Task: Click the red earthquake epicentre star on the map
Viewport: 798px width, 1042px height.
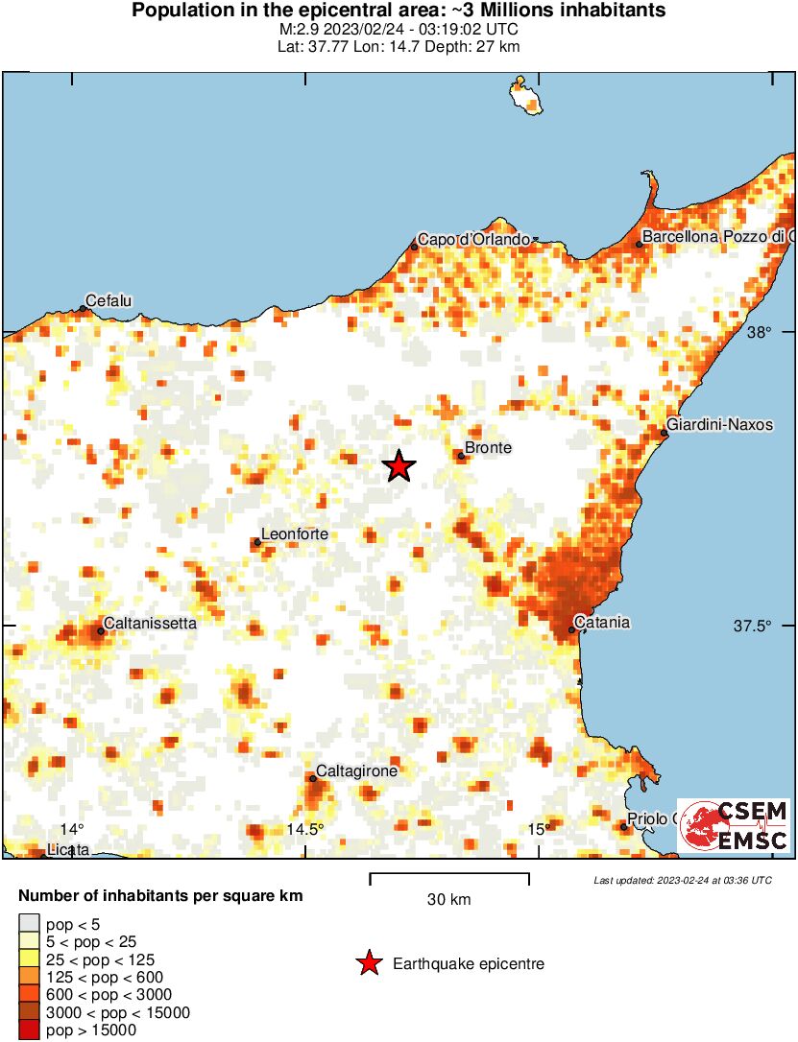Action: coord(399,466)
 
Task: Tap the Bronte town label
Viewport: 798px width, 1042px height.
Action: coord(488,448)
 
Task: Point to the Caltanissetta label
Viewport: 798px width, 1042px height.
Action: coord(150,623)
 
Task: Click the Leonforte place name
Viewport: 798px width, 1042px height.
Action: coord(295,534)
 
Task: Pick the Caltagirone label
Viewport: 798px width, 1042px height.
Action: coord(356,770)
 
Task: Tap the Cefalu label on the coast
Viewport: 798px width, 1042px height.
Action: coord(109,301)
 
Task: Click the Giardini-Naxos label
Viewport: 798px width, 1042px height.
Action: coord(719,424)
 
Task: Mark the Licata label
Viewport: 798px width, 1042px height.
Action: coord(68,849)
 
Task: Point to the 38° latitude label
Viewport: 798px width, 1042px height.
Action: coord(760,332)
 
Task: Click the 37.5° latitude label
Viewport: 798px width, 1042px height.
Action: coord(753,626)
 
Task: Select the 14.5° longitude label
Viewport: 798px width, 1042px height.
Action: coord(305,829)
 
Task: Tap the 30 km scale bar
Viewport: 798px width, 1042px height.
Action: coord(449,876)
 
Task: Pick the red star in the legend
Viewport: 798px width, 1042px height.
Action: coord(369,963)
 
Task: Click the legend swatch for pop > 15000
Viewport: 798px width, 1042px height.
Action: coord(29,1030)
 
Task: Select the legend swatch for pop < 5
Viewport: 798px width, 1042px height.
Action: coord(29,923)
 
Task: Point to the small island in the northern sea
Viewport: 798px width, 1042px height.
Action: coord(525,97)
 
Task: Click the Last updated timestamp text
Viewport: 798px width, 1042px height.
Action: coord(682,880)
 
